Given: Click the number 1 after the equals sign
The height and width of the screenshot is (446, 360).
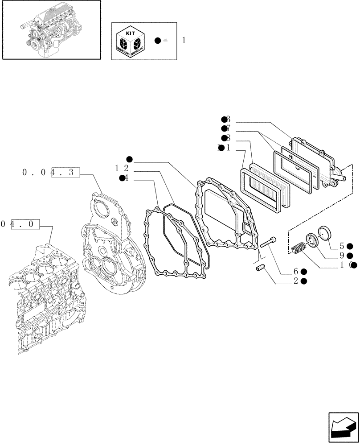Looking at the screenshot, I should click(x=184, y=41).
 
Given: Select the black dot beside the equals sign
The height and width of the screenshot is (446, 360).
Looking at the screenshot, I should click(x=157, y=40).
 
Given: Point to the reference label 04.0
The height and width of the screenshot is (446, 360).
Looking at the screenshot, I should click(x=20, y=224).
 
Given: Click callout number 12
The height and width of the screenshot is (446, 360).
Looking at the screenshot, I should click(x=122, y=168).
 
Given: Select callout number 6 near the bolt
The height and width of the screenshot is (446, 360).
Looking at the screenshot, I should click(x=295, y=271).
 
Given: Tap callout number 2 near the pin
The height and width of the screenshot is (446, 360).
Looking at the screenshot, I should click(x=295, y=281).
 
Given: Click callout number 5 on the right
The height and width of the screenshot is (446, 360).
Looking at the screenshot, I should click(x=342, y=246).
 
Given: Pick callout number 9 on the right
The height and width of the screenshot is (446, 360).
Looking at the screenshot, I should click(x=342, y=256).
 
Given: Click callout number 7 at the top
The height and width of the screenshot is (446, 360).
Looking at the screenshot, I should click(x=228, y=128).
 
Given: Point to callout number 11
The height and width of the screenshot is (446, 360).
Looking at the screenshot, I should click(x=225, y=148).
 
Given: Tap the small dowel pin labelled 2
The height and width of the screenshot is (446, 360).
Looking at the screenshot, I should click(x=260, y=268).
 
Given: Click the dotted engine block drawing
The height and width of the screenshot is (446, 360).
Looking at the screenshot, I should click(x=45, y=294).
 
